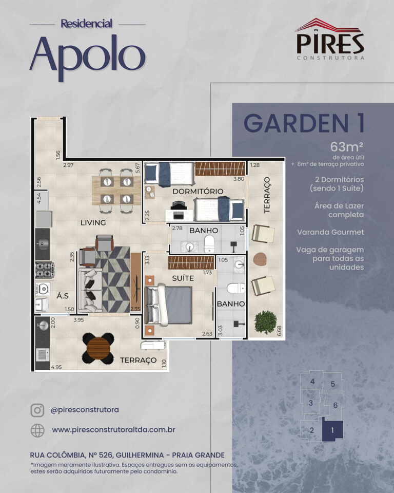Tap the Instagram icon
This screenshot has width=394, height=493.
tap(37, 410)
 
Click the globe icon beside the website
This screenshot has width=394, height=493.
tap(37, 430)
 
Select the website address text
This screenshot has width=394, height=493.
tap(113, 430)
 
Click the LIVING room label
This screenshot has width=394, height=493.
tap(93, 222)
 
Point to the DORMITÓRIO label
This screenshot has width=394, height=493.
tap(198, 191)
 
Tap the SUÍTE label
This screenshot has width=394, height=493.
tap(183, 278)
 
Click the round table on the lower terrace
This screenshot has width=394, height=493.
tap(98, 348)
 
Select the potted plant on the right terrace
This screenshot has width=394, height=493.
tap(266, 323)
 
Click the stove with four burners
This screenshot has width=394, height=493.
tap(45, 270)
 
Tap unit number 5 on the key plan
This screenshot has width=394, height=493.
tap(333, 384)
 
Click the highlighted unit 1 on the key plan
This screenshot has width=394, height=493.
tap(332, 430)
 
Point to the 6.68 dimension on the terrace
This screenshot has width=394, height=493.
tap(279, 331)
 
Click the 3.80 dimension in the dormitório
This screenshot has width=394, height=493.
tap(239, 179)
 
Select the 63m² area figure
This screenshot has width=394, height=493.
tap(347, 147)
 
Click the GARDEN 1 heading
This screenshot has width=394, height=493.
tap(304, 123)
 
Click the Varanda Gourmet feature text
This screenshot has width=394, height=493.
tap(330, 232)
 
